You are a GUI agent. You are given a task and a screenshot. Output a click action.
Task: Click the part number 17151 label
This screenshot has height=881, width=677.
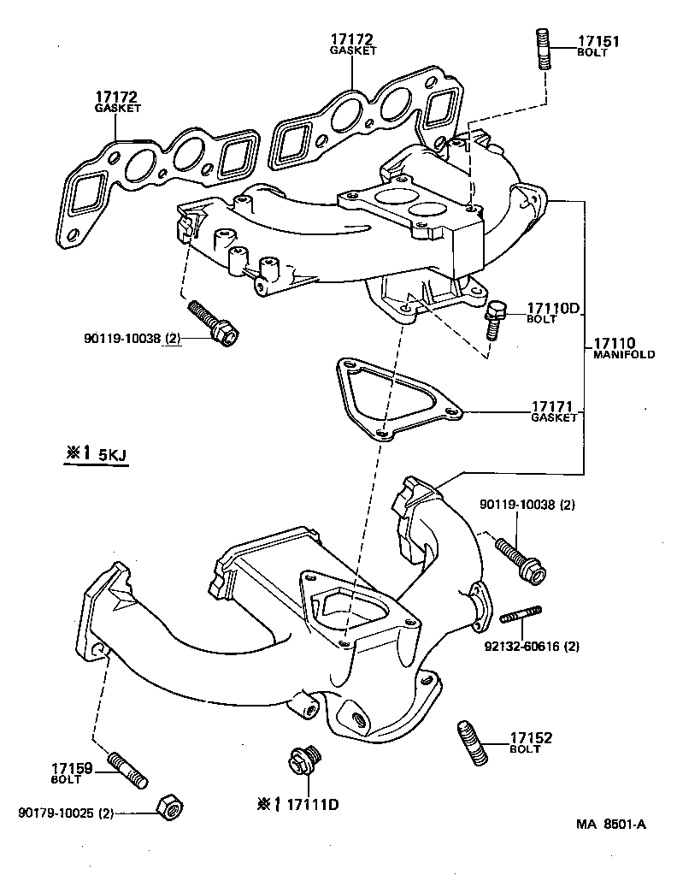(598, 40)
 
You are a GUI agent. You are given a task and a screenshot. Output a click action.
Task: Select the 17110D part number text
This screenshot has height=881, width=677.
(553, 308)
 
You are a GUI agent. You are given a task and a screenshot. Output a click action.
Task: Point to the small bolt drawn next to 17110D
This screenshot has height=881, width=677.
(495, 319)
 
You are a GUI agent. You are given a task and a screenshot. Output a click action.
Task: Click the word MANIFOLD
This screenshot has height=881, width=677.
(624, 354)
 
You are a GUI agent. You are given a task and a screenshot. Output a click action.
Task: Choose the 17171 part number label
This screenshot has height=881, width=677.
(553, 406)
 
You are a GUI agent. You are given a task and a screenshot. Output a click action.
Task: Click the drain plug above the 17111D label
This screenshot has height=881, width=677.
(303, 760)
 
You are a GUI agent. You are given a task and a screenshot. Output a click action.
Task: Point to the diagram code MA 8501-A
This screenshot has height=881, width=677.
(610, 825)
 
